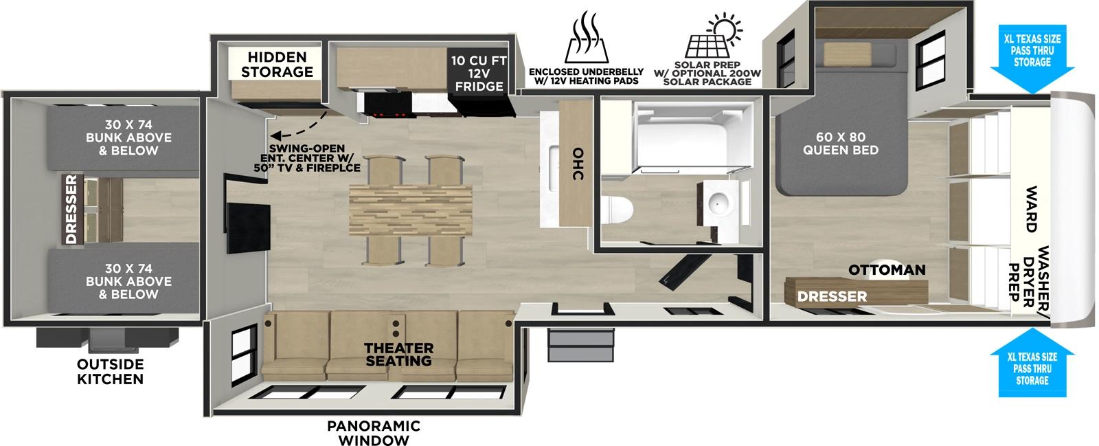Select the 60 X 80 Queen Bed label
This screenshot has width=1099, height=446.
point(840,143)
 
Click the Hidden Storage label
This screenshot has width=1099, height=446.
point(280,64)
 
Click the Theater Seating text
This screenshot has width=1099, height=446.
point(398,354)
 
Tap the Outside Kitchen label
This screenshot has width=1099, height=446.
point(111,371)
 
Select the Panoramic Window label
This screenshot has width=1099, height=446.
point(374,433)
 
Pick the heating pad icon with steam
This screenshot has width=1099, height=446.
point(585,38)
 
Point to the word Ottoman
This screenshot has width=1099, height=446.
point(887,270)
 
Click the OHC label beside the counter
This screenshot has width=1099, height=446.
point(578,165)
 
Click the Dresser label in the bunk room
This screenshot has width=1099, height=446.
point(71,210)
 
